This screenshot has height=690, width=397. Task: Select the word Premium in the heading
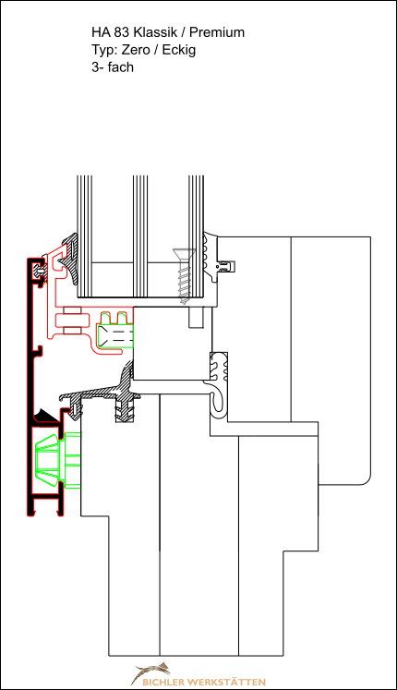(217, 32)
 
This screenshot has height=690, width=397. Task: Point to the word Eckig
(179, 50)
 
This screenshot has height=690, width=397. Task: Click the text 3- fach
(113, 67)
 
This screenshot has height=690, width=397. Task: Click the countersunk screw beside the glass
(185, 276)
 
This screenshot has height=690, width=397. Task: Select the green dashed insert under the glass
(115, 331)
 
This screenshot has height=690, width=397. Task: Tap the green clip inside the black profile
(57, 460)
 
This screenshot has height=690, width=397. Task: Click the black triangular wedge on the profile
(46, 416)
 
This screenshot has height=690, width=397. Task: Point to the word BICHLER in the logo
(163, 682)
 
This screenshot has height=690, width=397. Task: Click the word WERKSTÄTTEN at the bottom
(226, 682)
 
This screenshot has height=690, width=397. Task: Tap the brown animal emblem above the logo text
(151, 672)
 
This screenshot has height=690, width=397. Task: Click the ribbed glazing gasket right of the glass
(211, 257)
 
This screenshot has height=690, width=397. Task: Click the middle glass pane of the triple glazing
(140, 236)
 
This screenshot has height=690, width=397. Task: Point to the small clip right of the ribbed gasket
(226, 266)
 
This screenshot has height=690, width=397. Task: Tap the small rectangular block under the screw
(196, 317)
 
